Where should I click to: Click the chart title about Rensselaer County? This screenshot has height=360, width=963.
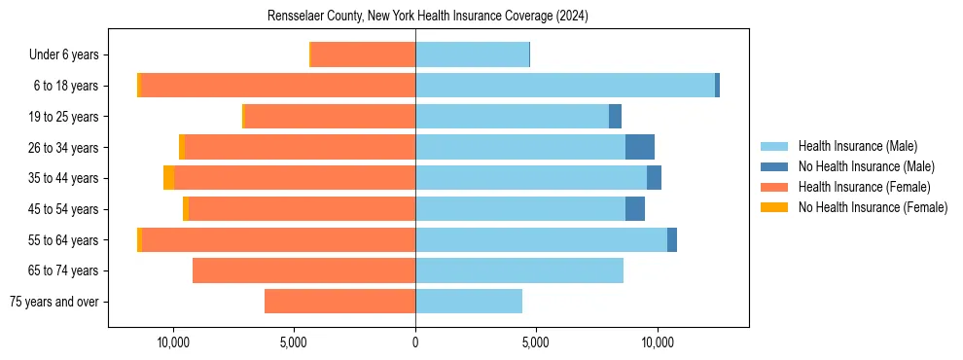click(428, 17)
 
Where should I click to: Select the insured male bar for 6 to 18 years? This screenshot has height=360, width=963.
click(564, 86)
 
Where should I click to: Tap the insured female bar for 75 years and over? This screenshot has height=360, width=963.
click(339, 302)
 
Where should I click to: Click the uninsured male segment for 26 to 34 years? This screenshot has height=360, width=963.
click(639, 147)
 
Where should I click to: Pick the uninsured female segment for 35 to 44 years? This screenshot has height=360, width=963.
click(168, 178)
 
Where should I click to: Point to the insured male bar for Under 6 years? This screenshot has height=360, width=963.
click(472, 54)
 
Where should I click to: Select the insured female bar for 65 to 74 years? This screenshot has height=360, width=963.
click(303, 270)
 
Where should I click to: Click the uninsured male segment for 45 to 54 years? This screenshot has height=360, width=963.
click(634, 209)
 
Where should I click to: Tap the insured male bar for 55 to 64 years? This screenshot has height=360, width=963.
click(541, 240)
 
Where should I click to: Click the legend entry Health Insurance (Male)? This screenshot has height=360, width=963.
click(857, 146)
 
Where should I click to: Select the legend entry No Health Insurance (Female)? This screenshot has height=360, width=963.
click(873, 207)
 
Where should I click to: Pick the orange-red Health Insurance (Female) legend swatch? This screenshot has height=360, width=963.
click(774, 187)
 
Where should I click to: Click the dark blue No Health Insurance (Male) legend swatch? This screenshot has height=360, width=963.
click(774, 166)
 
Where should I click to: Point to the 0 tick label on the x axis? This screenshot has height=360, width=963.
click(415, 342)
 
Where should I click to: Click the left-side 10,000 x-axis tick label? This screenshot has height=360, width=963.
click(173, 342)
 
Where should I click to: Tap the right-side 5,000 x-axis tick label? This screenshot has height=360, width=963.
click(536, 342)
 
